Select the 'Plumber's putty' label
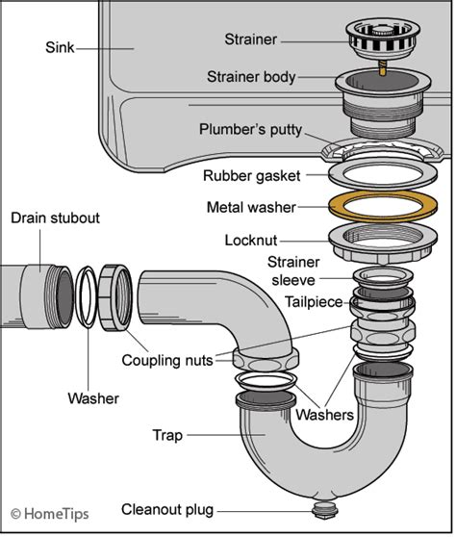[254, 129]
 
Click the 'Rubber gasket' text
[251, 176]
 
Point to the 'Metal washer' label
[252, 206]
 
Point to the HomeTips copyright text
[49, 515]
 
